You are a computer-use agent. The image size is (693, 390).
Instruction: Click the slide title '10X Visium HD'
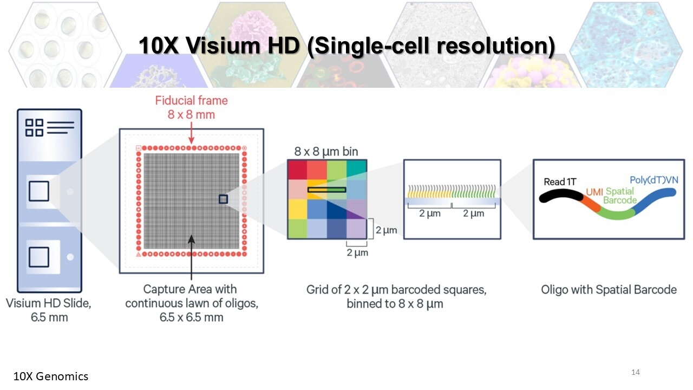[219, 46]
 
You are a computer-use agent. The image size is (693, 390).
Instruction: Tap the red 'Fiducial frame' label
[192, 101]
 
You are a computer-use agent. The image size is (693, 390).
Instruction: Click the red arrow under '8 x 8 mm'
[192, 133]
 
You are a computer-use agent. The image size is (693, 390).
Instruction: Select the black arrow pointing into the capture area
[192, 257]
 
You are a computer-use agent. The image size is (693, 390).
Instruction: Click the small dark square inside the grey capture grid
[224, 199]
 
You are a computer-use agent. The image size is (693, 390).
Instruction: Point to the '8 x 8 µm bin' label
[326, 152]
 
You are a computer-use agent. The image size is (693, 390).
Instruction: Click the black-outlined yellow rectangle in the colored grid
[326, 190]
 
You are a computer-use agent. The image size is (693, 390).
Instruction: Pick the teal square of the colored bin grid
[357, 170]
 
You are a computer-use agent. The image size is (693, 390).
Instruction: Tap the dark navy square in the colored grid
[337, 209]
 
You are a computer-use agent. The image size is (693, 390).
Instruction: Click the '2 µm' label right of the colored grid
[386, 230]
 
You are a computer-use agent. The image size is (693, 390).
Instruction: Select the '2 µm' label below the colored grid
[357, 252]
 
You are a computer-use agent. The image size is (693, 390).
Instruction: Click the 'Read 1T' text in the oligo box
[560, 181]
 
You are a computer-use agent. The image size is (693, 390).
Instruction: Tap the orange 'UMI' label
[594, 192]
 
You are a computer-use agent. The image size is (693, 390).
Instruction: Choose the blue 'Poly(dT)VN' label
[654, 180]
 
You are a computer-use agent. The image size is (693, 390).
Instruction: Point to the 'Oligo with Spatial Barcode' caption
[609, 290]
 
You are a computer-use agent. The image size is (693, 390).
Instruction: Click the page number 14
[636, 372]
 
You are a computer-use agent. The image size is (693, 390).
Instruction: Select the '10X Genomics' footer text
[51, 376]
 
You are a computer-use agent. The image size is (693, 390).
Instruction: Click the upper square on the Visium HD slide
[39, 191]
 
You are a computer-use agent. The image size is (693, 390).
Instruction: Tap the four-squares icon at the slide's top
[34, 127]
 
